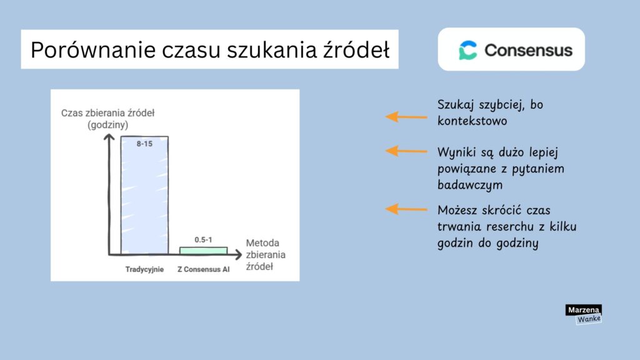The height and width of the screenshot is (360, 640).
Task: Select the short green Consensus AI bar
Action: tap(203, 250)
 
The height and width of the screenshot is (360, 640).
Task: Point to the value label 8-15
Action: tap(144, 143)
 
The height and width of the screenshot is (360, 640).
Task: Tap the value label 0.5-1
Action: tap(203, 240)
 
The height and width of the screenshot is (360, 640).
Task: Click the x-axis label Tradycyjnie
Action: tap(144, 270)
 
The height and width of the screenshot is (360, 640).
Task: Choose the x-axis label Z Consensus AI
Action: tap(203, 270)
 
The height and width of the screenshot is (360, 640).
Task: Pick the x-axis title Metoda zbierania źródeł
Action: tap(265, 254)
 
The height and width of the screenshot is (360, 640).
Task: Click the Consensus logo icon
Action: tap(467, 50)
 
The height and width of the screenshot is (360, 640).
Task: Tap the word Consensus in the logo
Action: tap(528, 50)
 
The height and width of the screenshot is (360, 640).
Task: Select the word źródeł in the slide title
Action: tap(362, 50)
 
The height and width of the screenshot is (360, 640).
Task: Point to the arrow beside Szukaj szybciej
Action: tap(406, 116)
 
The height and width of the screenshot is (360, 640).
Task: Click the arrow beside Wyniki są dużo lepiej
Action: tap(406, 151)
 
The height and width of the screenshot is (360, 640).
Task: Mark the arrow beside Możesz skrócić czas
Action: tap(406, 209)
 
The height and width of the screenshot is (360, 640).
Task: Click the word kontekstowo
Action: tap(472, 121)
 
